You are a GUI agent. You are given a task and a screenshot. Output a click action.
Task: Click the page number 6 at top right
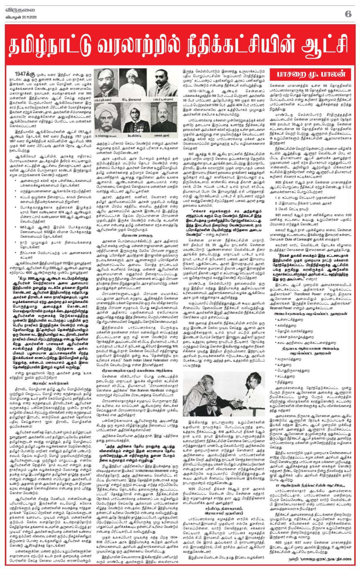point(347,14)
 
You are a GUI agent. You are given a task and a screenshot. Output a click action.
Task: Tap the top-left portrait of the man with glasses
point(106,82)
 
